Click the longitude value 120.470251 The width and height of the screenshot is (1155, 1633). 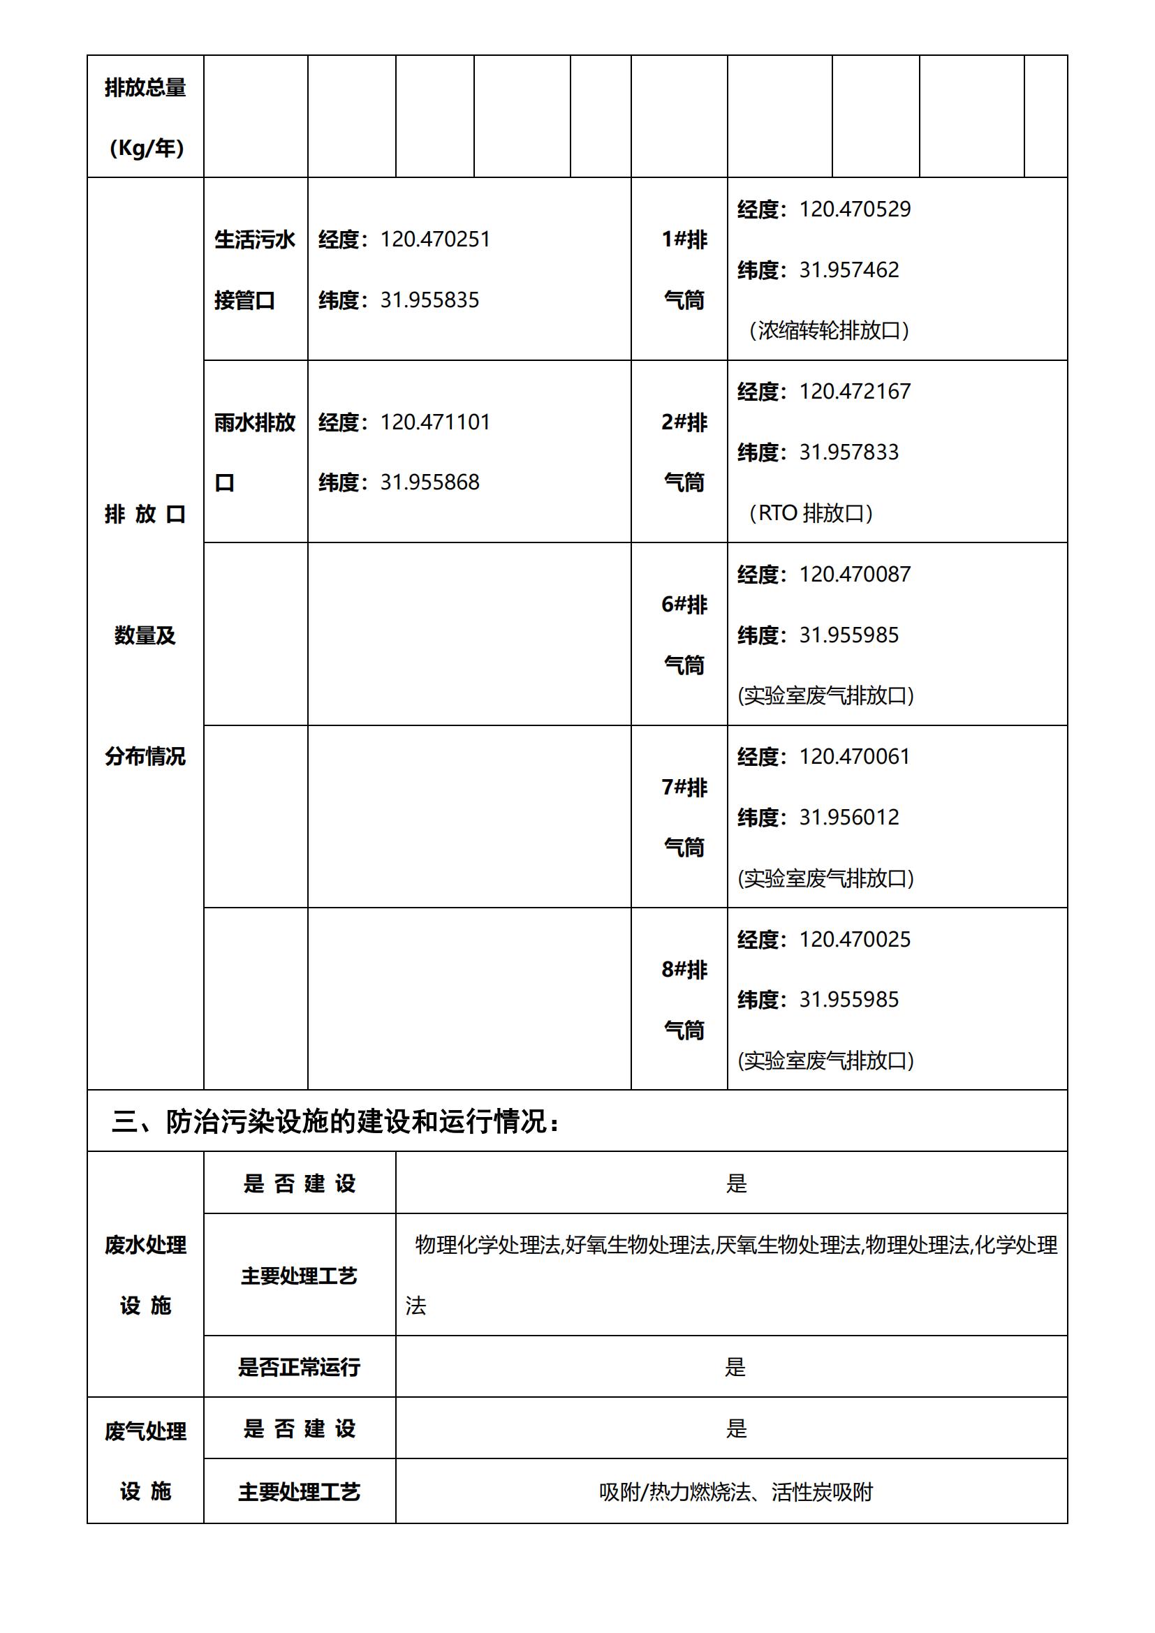point(434,239)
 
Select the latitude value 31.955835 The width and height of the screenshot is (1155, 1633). point(429,300)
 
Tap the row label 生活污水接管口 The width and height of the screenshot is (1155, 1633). point(255,269)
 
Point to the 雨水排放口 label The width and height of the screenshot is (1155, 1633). point(255,452)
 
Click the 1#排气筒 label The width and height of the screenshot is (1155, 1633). point(684,269)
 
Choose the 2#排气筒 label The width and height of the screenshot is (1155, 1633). point(684,452)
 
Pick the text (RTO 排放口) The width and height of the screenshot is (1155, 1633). point(810,513)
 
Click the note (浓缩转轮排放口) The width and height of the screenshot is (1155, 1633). point(829,331)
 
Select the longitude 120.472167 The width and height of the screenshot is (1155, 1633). point(854,392)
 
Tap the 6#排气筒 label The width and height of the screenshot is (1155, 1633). point(684,635)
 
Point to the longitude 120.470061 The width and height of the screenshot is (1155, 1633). point(854,757)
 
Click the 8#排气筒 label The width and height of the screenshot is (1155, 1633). point(684,999)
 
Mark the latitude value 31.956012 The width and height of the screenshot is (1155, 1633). point(848,818)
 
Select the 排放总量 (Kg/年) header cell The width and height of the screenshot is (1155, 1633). point(146,117)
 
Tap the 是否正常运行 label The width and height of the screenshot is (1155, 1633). point(299,1366)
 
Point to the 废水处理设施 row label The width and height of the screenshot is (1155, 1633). point(146,1275)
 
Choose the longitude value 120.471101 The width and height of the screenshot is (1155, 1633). point(434,422)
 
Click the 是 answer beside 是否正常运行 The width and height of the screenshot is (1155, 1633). point(735,1366)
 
